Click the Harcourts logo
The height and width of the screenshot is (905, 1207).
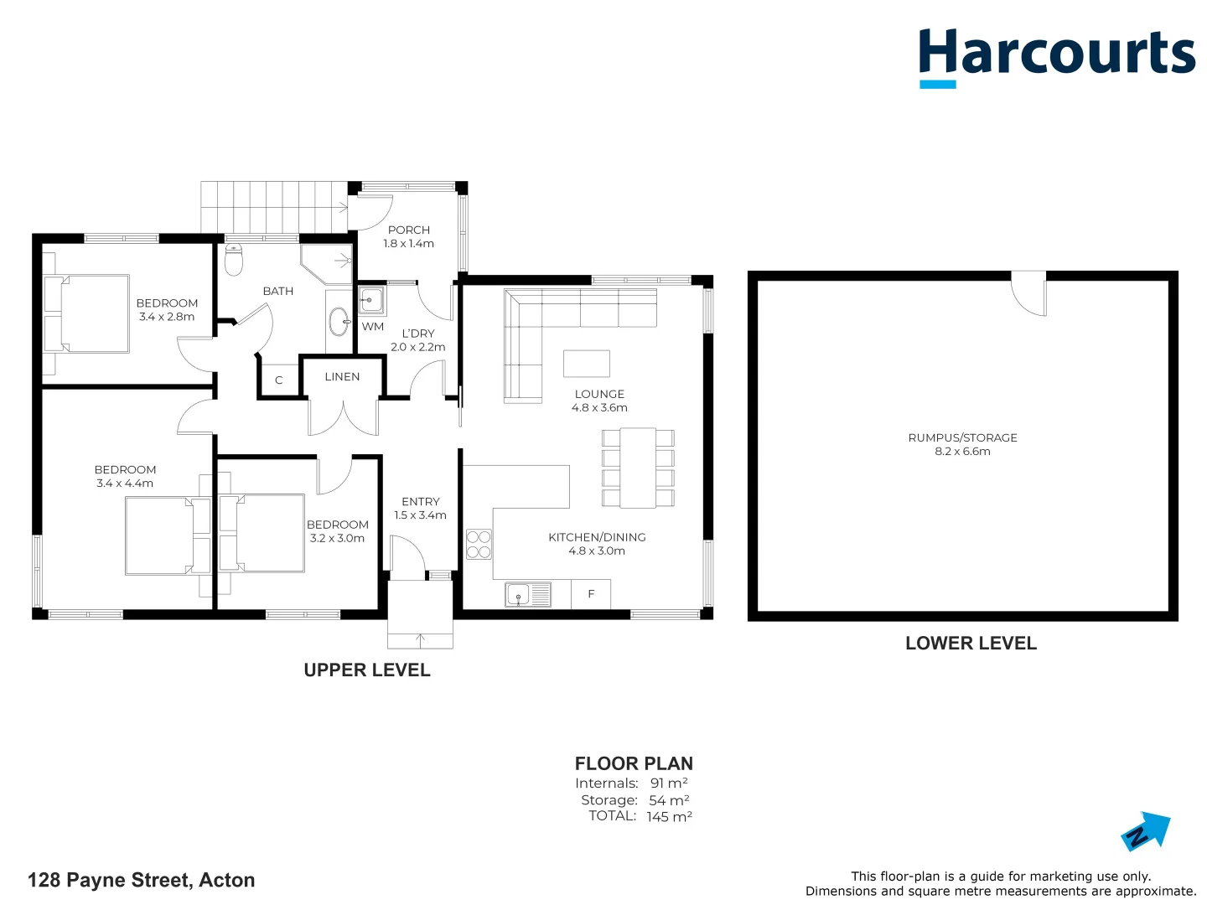click(x=1056, y=55)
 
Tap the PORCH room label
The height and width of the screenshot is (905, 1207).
click(x=409, y=230)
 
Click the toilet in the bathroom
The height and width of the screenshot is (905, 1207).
click(x=234, y=260)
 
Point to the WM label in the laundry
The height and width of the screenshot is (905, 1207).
click(x=373, y=327)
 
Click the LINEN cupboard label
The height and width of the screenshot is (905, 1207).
click(x=342, y=377)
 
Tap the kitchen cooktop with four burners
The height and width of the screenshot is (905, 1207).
click(x=479, y=545)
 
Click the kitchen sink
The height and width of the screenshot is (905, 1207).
click(x=528, y=595)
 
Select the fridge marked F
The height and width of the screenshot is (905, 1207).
click(x=591, y=594)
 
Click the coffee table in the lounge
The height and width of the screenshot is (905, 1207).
click(x=587, y=364)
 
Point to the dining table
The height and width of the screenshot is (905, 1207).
click(x=638, y=468)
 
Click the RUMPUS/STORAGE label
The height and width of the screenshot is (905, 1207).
click(x=962, y=437)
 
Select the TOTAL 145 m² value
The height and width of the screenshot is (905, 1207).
click(x=669, y=817)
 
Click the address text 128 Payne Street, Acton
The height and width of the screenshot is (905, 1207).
click(x=141, y=880)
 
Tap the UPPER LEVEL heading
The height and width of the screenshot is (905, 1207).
click(x=367, y=670)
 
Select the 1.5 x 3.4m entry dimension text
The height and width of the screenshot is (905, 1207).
click(x=420, y=515)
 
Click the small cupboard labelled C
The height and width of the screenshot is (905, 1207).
click(x=279, y=380)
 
